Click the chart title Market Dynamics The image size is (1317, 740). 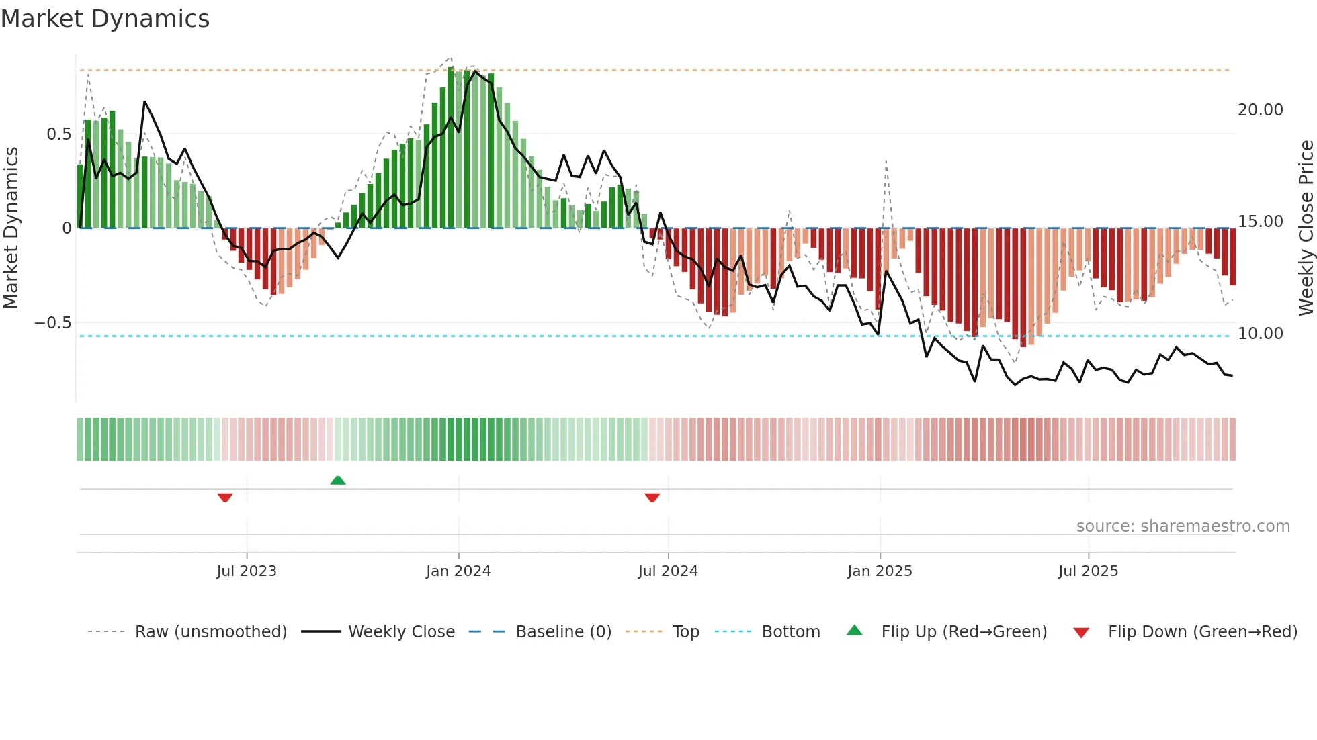point(105,19)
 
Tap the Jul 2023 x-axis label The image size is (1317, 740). point(247,571)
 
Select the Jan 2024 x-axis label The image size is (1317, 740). point(458,571)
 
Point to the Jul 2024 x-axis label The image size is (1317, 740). point(668,571)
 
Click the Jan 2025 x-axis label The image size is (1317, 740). point(880,571)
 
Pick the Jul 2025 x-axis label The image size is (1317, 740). point(1088,571)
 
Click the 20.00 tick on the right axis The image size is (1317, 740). point(1260,110)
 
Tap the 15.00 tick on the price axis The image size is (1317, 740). point(1260,222)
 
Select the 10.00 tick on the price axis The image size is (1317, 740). point(1260,334)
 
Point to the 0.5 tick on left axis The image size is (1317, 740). point(58,134)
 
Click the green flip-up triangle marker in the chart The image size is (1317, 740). point(338,480)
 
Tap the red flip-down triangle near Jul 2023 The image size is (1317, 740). point(225,498)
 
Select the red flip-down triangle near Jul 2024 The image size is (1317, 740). point(652,498)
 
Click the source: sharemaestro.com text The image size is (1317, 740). point(1183,526)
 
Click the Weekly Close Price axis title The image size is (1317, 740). point(1306,228)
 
